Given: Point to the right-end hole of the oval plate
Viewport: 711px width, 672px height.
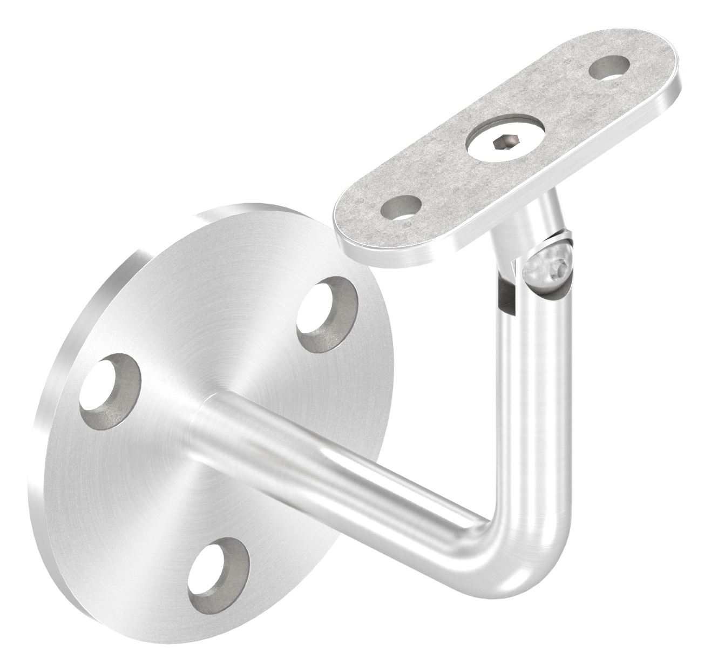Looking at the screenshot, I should point(610,69).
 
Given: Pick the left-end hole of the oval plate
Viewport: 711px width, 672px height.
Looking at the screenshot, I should point(401,207).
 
